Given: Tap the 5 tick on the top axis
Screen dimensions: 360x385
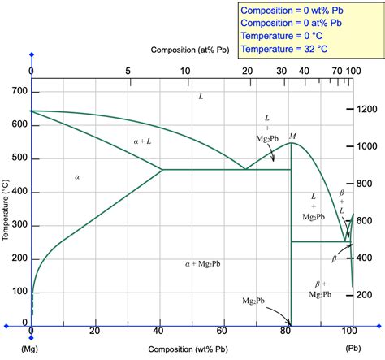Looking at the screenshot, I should click(x=128, y=72).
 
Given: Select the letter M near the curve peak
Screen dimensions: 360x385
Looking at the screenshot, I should click(x=292, y=136).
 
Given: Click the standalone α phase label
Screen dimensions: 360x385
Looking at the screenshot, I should click(x=77, y=176).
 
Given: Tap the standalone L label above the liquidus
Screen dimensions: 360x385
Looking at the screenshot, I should click(x=201, y=97).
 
